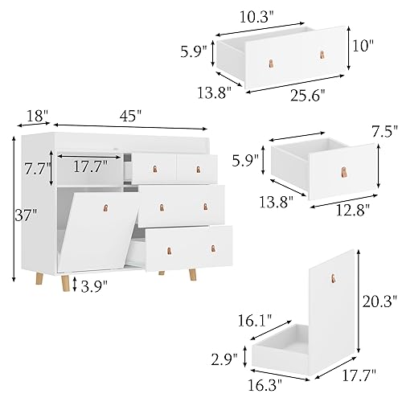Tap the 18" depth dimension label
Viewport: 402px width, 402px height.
pos(33,115)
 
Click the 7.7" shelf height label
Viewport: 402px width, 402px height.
pos(38,170)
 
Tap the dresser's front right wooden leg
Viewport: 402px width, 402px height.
pos(193,274)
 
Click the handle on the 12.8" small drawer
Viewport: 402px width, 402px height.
pos(344,170)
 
